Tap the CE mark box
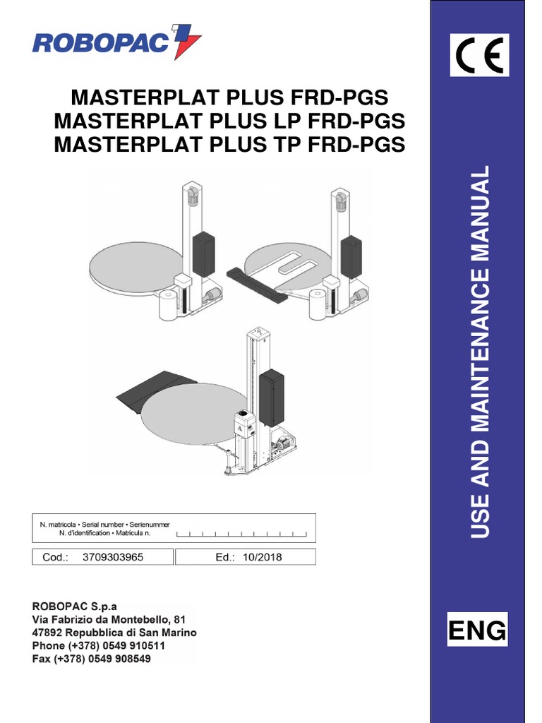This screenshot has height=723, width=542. coord(480,56)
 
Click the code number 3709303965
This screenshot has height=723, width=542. coord(113,557)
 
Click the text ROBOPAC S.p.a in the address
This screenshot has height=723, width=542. coord(75,607)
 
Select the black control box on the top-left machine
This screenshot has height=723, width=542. coord(203,255)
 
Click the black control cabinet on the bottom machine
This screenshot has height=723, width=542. coord(271,398)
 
